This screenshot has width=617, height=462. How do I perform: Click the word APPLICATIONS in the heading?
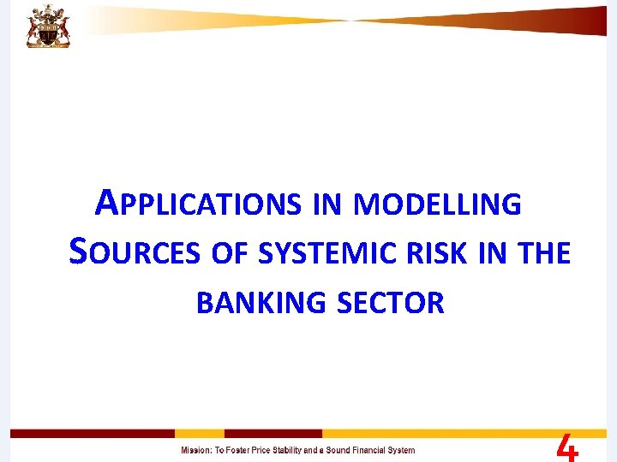[x=198, y=204]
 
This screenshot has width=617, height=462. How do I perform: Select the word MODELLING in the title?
[x=436, y=204]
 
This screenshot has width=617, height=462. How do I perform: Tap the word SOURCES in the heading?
[x=134, y=253]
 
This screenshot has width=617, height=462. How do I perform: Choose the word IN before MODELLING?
[x=326, y=204]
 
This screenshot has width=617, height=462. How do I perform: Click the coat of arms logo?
[x=48, y=25]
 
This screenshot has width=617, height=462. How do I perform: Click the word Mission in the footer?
[x=195, y=450]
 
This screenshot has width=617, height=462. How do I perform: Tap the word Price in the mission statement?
[x=277, y=450]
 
